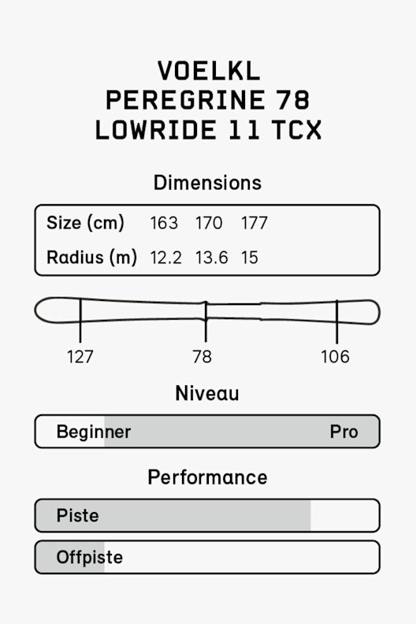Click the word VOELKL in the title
coord(209,71)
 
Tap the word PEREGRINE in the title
coord(185,100)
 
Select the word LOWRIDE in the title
coord(156,130)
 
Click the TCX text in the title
coord(296,130)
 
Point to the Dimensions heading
coord(207,183)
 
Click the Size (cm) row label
coord(85,223)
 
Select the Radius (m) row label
coord(91,257)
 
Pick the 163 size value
coord(164,223)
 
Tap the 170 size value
coord(209,223)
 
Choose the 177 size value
coord(254,223)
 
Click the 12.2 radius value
coord(165,258)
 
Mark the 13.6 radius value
coord(211,258)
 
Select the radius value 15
coord(250,258)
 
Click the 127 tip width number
coord(80,357)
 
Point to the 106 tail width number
coord(335,357)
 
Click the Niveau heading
coord(207,393)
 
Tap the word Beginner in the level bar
coord(94,432)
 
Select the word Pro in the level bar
coord(344,432)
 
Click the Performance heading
coord(207,477)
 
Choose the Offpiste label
coord(90,557)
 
